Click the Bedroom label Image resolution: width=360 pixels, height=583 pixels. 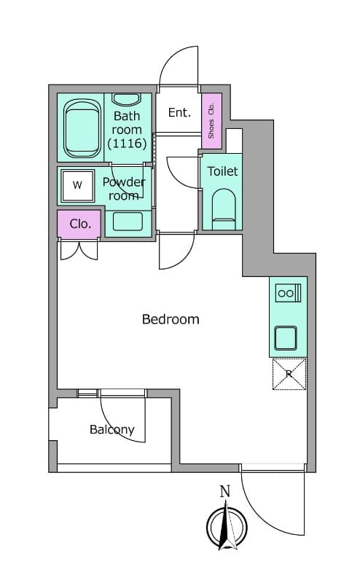coord(171,319)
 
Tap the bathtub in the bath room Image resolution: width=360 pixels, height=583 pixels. coord(82,129)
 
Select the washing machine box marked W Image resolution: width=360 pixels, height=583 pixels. coord(78,186)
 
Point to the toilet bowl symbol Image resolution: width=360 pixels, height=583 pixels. coord(224,209)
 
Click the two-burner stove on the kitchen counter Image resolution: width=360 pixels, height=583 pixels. coord(289,293)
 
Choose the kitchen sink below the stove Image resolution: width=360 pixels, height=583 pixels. coord(286,338)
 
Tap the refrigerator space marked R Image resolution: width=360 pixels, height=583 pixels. coord(289,374)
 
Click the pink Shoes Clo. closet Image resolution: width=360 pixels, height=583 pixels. coord(211,121)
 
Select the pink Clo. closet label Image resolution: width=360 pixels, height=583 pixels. coord(80,224)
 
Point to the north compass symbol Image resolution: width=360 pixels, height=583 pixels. coord(227,526)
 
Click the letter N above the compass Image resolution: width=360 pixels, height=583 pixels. coord(225,491)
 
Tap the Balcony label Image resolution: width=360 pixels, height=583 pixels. coord(112,430)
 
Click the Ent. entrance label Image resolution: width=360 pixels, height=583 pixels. coord(179,112)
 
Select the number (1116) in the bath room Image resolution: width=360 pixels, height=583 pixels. coord(127,143)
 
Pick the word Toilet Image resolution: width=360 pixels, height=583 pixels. coord(222,171)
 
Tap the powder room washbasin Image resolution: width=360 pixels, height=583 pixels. coord(128,222)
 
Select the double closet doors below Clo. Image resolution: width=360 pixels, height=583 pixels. coord(79,251)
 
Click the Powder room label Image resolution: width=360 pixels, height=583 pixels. coord(124,189)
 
